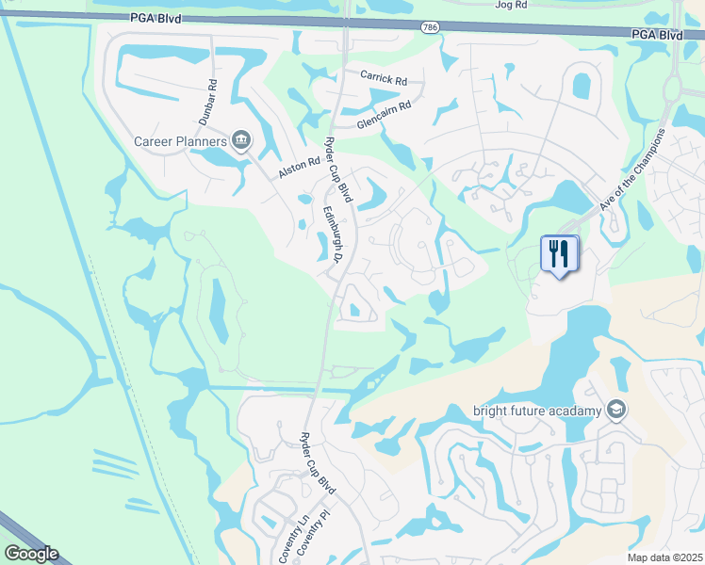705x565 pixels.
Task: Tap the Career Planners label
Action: coord(180,141)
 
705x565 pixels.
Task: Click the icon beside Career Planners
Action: coord(241,141)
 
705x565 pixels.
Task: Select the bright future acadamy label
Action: coord(537,410)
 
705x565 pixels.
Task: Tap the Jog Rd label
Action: coord(508,5)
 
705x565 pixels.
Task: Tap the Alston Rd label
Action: coord(299,169)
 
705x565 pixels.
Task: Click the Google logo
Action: coord(31,554)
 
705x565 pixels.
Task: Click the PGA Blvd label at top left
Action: coord(156,18)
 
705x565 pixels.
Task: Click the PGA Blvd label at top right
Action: coord(658,35)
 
